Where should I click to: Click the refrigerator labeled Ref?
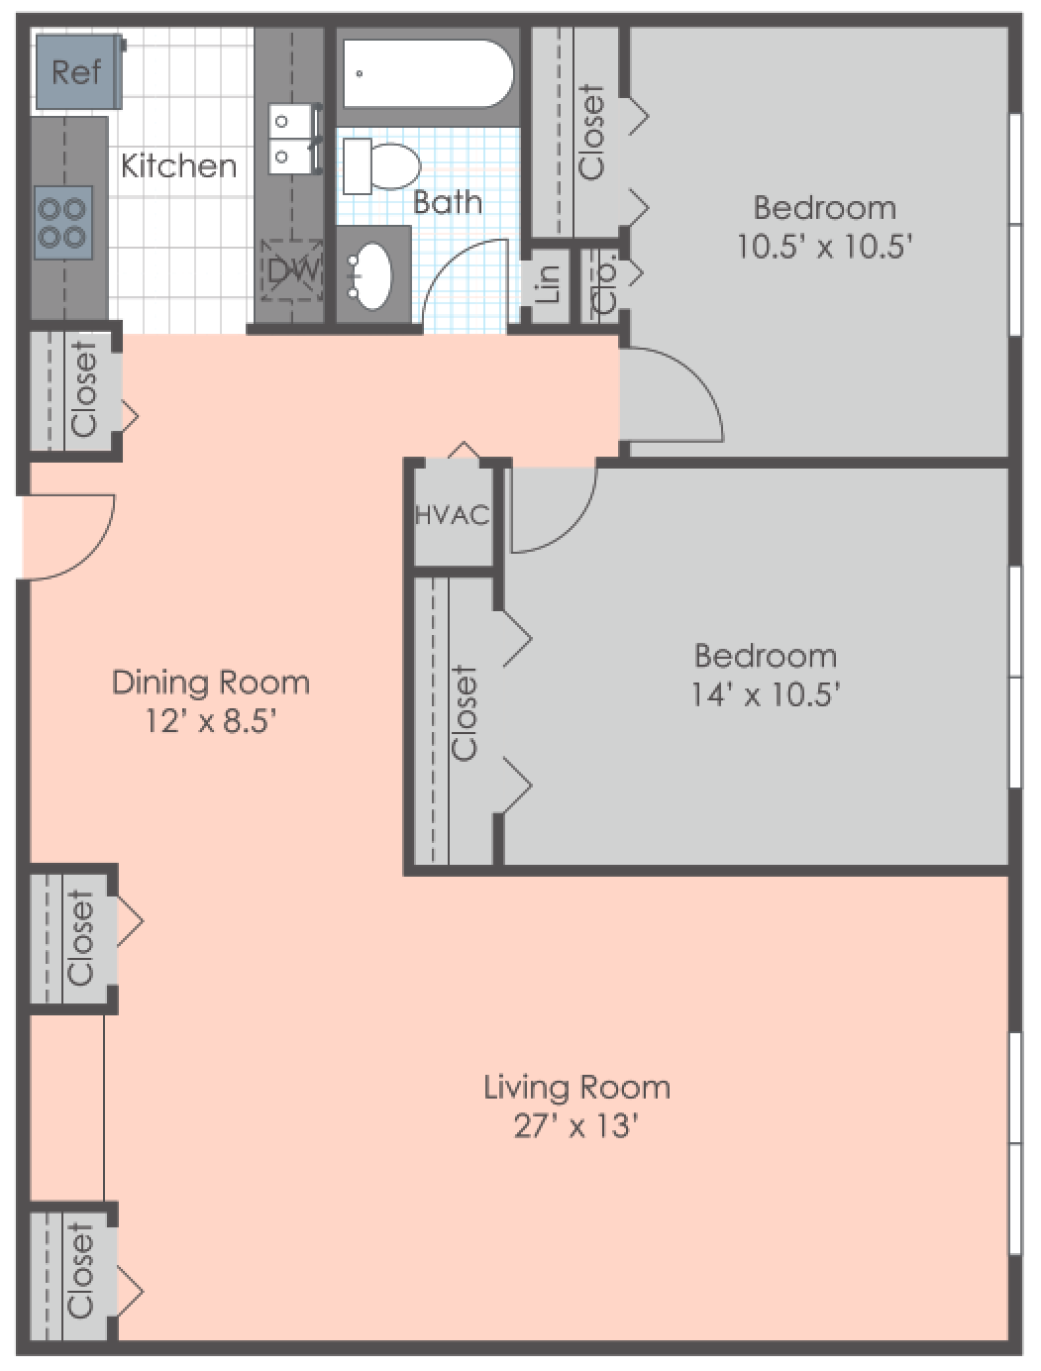[x=78, y=71]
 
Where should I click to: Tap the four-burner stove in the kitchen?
[x=62, y=222]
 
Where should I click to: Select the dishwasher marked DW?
[x=291, y=269]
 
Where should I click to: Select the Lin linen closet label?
[x=548, y=283]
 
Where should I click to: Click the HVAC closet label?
[x=452, y=515]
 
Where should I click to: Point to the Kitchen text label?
[x=179, y=165]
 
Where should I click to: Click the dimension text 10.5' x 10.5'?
[x=824, y=246]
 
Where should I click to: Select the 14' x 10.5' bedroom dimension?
[x=766, y=693]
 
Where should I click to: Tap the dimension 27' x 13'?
[x=575, y=1126]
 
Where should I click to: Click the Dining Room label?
[x=211, y=683]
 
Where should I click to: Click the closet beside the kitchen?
[x=75, y=390]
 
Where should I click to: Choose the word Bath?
[x=448, y=202]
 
